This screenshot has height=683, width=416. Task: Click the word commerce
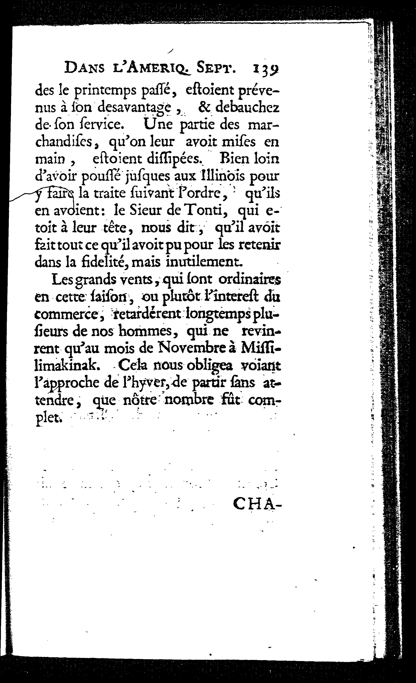coord(67,315)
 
